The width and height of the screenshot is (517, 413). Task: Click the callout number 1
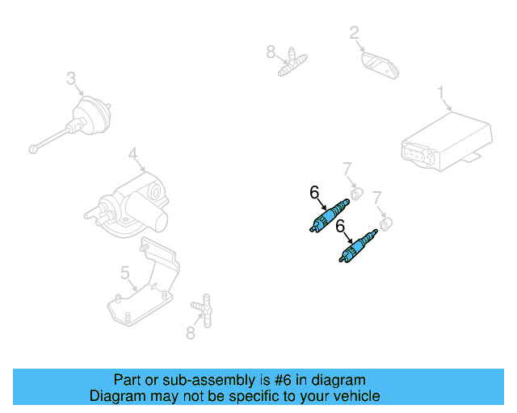(442, 93)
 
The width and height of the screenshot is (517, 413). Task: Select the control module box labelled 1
(446, 142)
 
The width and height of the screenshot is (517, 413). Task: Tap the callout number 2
(354, 33)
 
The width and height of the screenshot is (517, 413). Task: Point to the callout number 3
(71, 78)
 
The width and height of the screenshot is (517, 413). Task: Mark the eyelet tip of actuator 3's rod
(32, 148)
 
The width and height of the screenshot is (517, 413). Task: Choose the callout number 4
(132, 153)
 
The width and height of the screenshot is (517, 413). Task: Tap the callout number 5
(125, 273)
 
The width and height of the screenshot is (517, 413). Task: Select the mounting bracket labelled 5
(145, 282)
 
